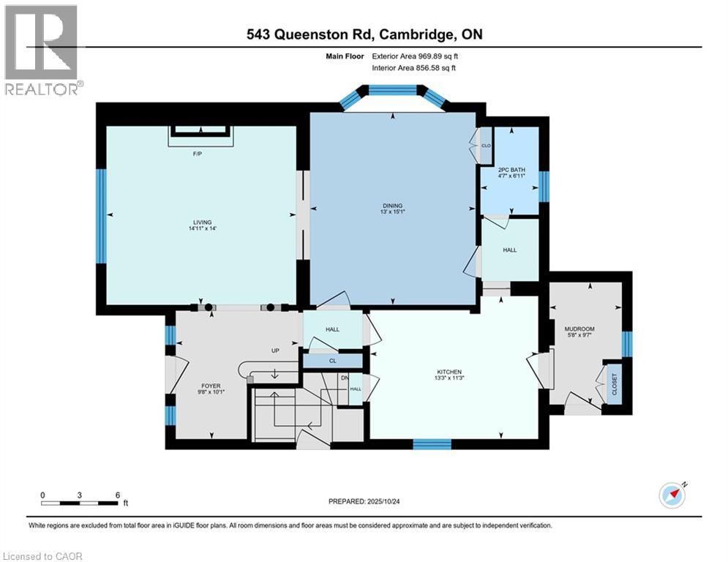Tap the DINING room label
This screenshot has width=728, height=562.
(x=392, y=206)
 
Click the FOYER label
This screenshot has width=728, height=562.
(x=211, y=386)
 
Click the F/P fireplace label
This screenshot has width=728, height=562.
(x=197, y=154)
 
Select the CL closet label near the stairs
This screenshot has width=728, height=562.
(x=332, y=361)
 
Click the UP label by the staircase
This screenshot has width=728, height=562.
(x=276, y=351)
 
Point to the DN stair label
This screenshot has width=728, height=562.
(x=345, y=378)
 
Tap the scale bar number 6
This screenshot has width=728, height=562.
(x=118, y=495)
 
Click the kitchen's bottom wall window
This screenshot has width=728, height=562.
(x=432, y=443)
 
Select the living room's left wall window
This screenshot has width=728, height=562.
(x=102, y=215)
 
